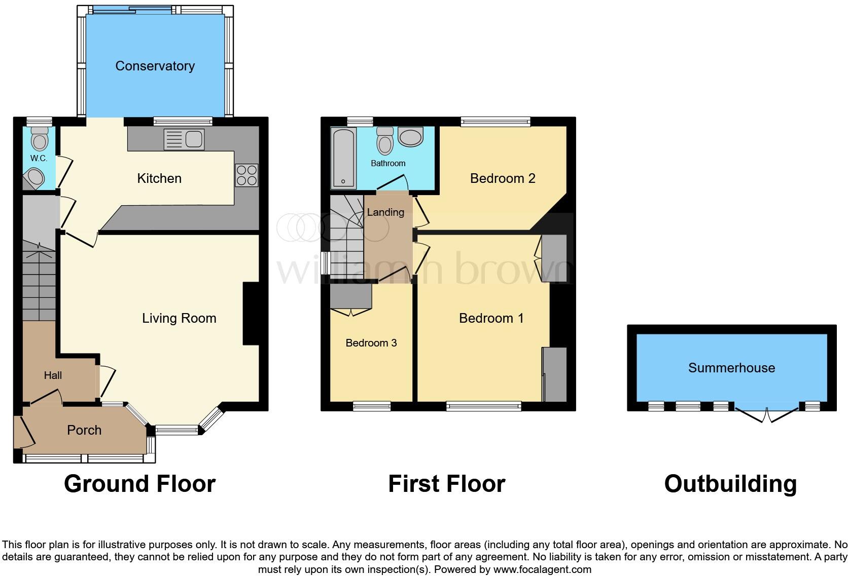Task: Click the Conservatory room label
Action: [155, 66]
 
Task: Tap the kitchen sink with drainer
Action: [184, 139]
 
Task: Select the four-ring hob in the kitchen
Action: [246, 175]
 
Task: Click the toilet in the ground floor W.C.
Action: [39, 138]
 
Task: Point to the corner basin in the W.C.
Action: [33, 178]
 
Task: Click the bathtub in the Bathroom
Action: [344, 157]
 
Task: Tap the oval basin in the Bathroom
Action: [411, 137]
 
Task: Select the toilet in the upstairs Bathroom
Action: [385, 140]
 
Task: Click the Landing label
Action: [385, 212]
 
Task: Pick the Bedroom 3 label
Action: [371, 343]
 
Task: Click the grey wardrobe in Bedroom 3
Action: [350, 296]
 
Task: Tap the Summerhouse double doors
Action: [767, 414]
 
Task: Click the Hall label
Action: [53, 375]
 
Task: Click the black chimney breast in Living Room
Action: [251, 314]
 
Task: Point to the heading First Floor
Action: [446, 484]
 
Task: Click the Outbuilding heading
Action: [730, 484]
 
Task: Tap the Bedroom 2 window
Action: [496, 122]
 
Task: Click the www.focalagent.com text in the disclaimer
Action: [542, 569]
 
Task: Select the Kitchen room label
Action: [159, 178]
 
